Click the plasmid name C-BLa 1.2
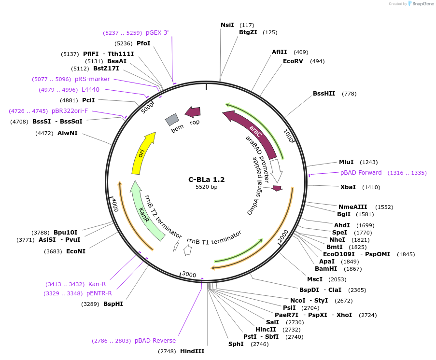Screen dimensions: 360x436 pyautogui.click(x=206, y=180)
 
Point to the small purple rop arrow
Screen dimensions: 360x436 pyautogui.click(x=193, y=112)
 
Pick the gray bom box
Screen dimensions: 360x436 pyautogui.click(x=172, y=119)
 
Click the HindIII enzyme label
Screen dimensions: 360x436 pyautogui.click(x=192, y=351)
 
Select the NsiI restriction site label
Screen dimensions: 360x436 pyautogui.click(x=227, y=25)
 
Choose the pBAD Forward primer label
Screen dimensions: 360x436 pyautogui.click(x=361, y=173)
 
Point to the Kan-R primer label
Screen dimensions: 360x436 pyautogui.click(x=97, y=284)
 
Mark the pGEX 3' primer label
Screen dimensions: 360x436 pyautogui.click(x=157, y=33)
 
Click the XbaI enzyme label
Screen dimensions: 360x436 pyautogui.click(x=348, y=187)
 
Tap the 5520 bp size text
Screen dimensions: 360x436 pyautogui.click(x=206, y=187)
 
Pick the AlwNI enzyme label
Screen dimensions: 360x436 pyautogui.click(x=68, y=133)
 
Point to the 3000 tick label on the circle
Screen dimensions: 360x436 pyautogui.click(x=189, y=275)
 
